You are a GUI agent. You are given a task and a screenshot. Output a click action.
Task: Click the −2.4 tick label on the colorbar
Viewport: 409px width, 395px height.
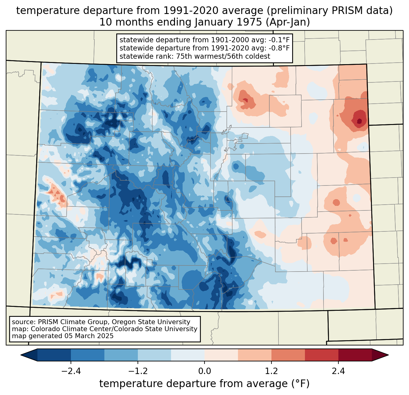[x=71, y=371]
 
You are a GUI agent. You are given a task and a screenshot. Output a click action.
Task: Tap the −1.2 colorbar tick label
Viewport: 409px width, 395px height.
[x=138, y=371]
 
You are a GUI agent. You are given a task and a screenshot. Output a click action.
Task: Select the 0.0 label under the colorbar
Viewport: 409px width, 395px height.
[x=204, y=371]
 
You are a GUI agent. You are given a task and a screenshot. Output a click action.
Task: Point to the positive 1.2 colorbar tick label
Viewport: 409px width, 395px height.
[x=271, y=371]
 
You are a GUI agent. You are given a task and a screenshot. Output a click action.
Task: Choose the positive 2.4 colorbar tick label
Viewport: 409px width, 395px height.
[x=338, y=371]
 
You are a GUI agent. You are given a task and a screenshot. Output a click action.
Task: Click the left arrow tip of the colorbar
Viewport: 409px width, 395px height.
[x=21, y=355]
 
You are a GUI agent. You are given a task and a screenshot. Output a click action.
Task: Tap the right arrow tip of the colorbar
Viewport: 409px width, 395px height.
[x=388, y=355]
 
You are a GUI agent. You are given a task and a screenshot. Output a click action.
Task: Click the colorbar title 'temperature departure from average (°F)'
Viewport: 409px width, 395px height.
[x=204, y=384]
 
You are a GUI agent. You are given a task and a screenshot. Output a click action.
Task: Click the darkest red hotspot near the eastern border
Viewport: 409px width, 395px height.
[x=359, y=121]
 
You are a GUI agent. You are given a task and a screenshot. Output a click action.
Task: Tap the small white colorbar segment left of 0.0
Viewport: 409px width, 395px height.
[x=188, y=355]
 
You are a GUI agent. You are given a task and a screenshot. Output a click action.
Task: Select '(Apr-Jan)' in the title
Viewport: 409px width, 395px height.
[x=288, y=22]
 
